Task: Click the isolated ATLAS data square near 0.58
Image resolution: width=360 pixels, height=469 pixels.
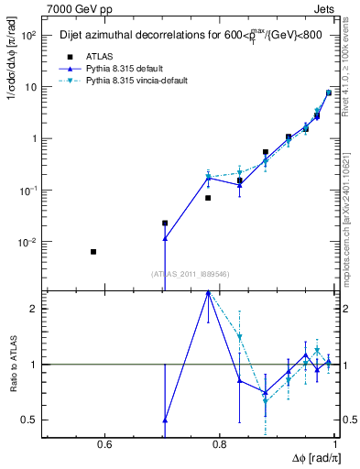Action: click(93, 252)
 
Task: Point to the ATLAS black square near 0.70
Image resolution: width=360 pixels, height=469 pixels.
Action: click(165, 223)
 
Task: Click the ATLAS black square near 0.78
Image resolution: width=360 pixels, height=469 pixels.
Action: click(208, 198)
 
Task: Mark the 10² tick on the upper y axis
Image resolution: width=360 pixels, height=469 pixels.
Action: click(29, 36)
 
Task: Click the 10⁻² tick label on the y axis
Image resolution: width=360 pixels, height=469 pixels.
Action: click(27, 243)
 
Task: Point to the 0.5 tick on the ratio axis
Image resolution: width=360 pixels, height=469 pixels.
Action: click(32, 420)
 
